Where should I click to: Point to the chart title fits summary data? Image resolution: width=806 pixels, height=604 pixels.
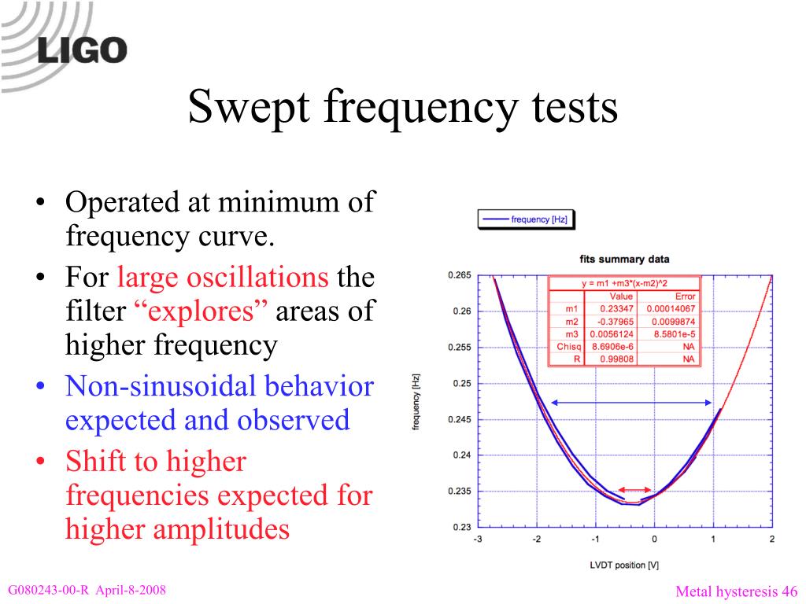[624, 260]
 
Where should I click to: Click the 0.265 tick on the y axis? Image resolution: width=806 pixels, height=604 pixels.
[459, 275]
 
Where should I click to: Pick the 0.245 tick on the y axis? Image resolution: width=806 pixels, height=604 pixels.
[459, 419]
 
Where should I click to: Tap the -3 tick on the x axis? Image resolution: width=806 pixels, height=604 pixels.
[478, 540]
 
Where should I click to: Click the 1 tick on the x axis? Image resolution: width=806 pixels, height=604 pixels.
[713, 540]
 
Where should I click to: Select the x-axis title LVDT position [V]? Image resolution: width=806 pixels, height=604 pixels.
[624, 565]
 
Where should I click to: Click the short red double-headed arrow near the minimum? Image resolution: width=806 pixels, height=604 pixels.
[634, 489]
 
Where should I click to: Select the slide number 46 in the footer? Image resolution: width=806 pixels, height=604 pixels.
[789, 591]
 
